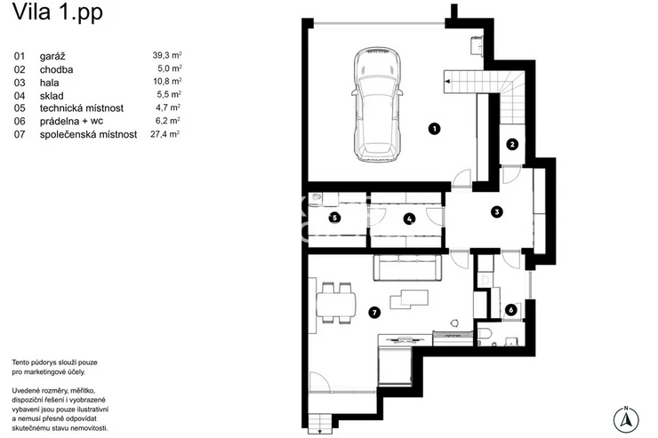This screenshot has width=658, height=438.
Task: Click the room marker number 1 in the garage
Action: pos(434,128)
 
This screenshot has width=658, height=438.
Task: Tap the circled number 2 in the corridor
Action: pos(512,145)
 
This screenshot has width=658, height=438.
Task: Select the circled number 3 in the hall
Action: pos(497,211)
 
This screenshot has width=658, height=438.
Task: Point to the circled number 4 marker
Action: pos(409,219)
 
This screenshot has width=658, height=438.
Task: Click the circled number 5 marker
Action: pos(334,218)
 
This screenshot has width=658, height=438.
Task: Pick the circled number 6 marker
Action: pos(510,310)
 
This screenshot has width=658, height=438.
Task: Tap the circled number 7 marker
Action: pos(373,312)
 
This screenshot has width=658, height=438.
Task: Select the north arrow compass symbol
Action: pos(626,419)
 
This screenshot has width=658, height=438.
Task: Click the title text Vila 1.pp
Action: pos(58,12)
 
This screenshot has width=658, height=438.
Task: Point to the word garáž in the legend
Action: pos(52,56)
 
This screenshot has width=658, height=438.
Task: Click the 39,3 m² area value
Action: pos(167,55)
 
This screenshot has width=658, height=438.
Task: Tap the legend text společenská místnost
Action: pos(89,134)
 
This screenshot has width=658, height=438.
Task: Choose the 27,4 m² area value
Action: pos(164,134)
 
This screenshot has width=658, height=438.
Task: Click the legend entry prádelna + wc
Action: pos(71,122)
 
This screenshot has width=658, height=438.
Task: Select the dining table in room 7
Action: pos(336,303)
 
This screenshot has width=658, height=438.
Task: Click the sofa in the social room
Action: pos(407,267)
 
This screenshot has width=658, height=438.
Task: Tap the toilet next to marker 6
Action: pos(485,336)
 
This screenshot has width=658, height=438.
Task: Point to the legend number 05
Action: pos(20,108)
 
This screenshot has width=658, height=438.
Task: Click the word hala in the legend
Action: pos(50,83)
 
